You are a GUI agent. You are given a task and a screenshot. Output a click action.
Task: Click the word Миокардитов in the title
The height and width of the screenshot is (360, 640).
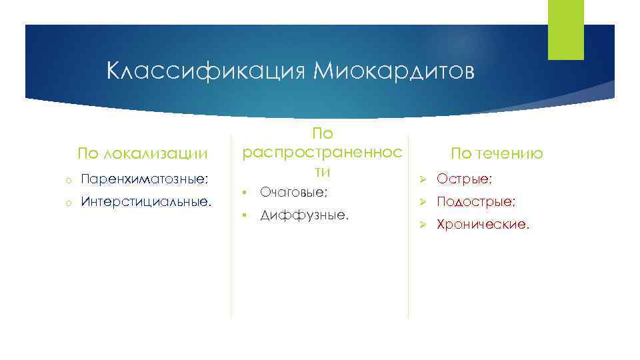[393, 71]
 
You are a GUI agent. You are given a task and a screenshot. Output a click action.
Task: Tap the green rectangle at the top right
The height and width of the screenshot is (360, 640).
[565, 29]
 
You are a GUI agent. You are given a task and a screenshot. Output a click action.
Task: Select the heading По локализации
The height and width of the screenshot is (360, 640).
[143, 154]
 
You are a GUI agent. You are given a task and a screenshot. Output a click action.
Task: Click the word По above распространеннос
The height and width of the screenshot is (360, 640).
[323, 134]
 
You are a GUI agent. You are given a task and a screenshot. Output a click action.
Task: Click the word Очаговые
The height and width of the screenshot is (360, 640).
[293, 192]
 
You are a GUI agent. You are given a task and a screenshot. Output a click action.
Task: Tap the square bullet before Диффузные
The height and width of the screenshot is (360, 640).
[245, 215]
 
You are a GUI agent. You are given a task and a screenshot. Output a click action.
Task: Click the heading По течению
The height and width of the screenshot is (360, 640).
[497, 154]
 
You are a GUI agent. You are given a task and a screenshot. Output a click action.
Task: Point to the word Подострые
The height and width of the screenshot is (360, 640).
[475, 201]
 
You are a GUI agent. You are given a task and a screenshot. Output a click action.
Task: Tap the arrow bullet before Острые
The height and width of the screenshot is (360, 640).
[422, 179]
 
